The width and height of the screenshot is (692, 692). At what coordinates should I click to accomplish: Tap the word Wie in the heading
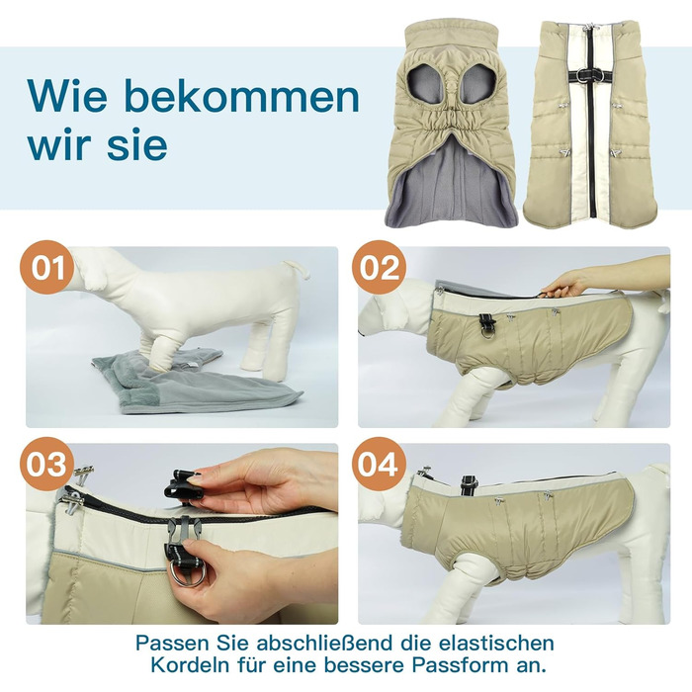pos(67,95)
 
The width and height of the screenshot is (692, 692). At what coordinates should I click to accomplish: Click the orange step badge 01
pos(46,268)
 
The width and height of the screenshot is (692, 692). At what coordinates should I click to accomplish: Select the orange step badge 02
pos(379,268)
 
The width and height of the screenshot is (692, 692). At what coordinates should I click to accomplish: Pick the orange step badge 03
pos(46,464)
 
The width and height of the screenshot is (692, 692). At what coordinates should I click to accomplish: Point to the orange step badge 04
pos(379,464)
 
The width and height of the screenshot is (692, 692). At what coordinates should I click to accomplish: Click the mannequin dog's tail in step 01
pos(297,269)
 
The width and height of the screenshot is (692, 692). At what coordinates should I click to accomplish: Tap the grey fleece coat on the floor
pos(194,382)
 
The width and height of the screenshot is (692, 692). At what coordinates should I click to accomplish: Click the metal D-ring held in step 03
pos(191,574)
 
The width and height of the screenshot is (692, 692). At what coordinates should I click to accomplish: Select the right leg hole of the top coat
pos(478,84)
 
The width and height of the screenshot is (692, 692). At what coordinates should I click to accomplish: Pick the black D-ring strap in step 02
pos(486,324)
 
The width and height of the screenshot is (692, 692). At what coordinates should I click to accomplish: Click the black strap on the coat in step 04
pos(467,485)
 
